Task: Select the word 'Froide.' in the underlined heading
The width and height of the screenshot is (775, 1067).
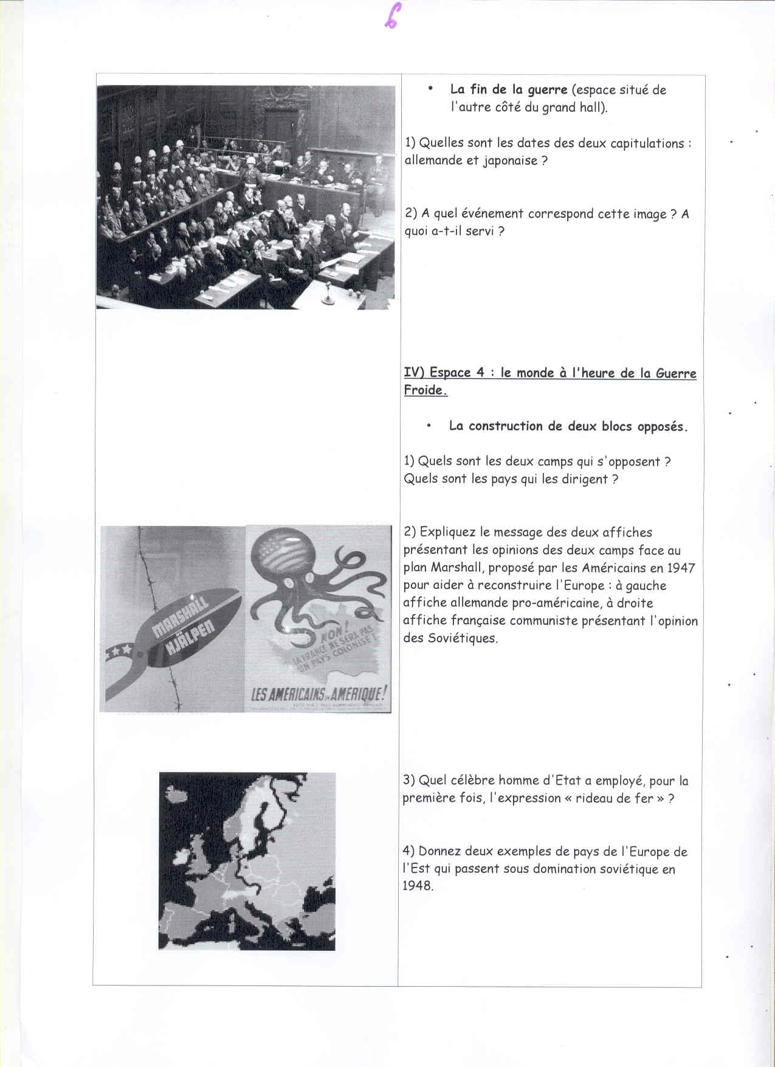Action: coord(425,391)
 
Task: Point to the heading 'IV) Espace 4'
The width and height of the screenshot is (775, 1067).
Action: coord(447,373)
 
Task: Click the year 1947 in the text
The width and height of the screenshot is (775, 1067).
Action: coord(681,568)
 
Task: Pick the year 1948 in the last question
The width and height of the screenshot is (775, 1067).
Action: coord(418,886)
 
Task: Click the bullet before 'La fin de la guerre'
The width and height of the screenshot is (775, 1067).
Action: coord(430,89)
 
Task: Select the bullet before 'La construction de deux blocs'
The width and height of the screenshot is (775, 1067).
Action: coord(429,426)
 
